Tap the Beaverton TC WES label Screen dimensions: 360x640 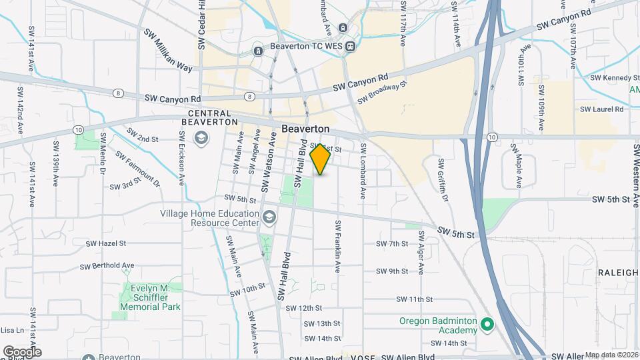(x=305, y=47)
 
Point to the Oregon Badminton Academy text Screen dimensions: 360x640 (x=438, y=325)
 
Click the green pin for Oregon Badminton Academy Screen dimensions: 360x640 (x=487, y=325)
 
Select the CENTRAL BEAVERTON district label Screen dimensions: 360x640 (x=209, y=117)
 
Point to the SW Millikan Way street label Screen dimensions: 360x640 (x=167, y=50)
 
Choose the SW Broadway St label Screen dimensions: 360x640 (x=382, y=93)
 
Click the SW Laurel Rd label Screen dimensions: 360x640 (x=601, y=109)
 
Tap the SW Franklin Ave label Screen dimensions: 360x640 (x=338, y=247)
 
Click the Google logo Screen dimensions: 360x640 (x=21, y=351)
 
